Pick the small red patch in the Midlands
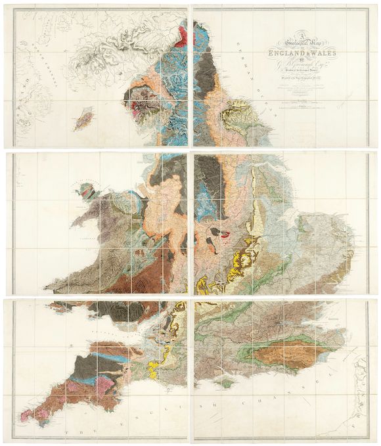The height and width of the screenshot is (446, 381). tap(226, 233)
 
